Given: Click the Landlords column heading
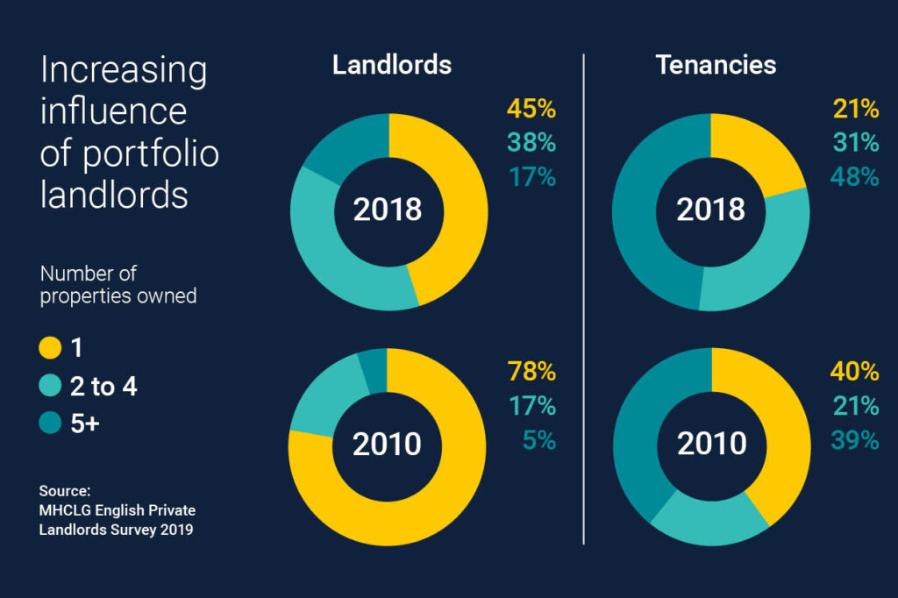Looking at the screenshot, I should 392,65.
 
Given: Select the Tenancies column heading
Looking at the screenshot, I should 716,65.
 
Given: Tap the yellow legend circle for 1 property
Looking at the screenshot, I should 51,348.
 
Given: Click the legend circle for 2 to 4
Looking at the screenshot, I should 51,386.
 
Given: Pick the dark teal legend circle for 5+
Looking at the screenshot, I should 51,424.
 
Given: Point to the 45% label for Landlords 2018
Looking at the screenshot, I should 531,110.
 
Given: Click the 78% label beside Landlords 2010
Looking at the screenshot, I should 531,372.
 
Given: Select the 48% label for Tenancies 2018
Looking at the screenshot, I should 855,176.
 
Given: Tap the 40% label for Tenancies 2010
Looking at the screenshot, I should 855,372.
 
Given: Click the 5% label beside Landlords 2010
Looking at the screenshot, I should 538,439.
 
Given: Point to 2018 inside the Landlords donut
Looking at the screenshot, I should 388,210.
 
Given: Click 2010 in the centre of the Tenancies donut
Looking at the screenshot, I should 711,445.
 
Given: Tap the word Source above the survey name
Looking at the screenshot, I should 65,490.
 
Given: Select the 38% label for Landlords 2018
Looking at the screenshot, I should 531,143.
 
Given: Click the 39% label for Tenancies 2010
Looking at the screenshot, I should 855,439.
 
